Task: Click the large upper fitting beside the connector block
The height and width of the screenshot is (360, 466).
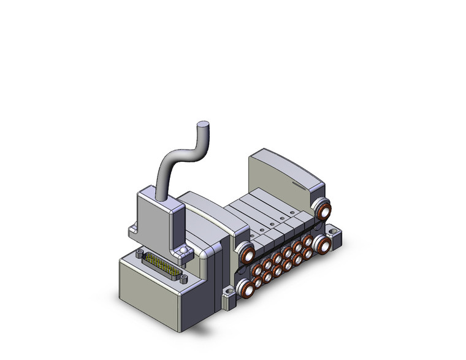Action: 246,254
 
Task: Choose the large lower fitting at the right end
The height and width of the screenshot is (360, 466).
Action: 320,246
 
